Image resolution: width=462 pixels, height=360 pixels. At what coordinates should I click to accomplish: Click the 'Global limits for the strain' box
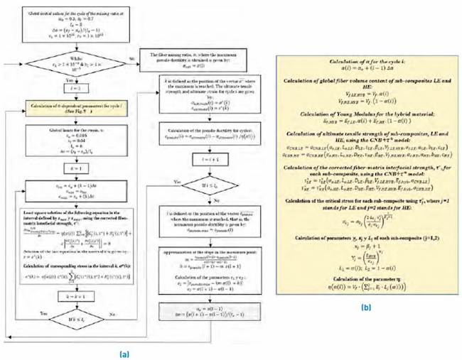(x=79, y=141)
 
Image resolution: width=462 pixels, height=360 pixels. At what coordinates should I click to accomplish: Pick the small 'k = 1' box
(x=79, y=168)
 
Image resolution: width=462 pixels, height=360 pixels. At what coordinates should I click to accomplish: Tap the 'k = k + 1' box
(x=79, y=291)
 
